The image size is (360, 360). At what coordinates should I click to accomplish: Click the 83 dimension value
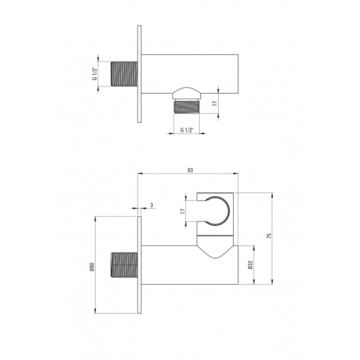pyautogui.click(x=190, y=170)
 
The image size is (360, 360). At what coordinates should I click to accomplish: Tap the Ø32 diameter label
pyautogui.click(x=250, y=265)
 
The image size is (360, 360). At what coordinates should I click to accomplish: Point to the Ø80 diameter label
pyautogui.click(x=92, y=267)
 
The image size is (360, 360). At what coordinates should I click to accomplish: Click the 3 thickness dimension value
pyautogui.click(x=152, y=205)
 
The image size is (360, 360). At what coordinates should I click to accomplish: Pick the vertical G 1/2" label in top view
pyautogui.click(x=94, y=74)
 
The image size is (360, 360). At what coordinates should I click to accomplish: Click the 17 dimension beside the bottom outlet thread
pyautogui.click(x=214, y=103)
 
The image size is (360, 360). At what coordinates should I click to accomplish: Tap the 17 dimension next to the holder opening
pyautogui.click(x=183, y=211)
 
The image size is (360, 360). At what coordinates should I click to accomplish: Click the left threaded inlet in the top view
pyautogui.click(x=124, y=74)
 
